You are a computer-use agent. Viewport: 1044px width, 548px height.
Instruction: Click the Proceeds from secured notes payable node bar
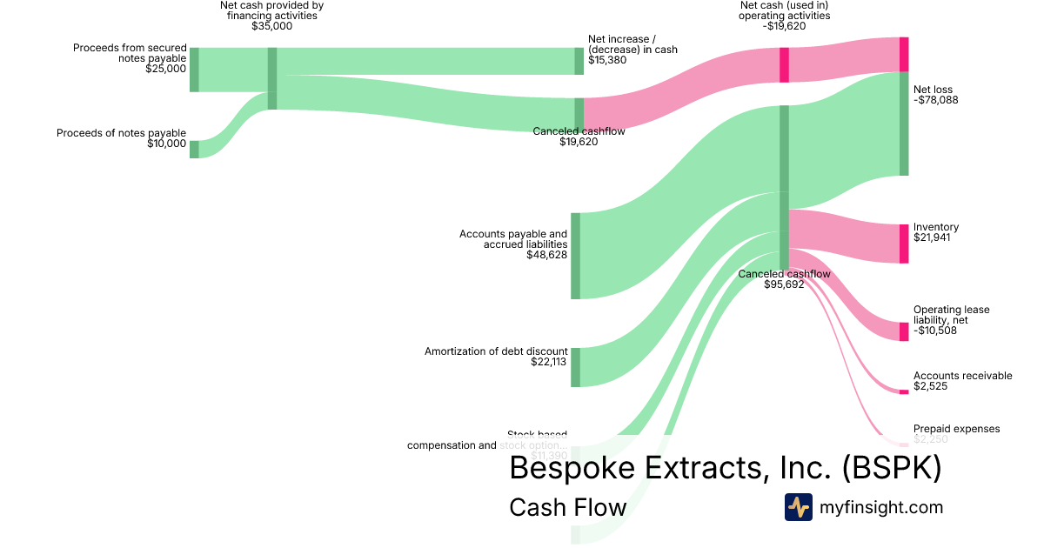[194, 70]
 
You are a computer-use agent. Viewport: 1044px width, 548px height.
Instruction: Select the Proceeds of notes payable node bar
[194, 149]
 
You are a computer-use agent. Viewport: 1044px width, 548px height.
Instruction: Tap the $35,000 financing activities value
[271, 26]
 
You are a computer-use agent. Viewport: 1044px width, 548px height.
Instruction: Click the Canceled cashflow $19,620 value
[579, 142]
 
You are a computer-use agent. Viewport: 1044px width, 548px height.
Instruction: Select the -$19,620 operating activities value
[784, 26]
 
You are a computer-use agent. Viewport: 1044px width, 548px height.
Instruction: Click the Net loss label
[933, 89]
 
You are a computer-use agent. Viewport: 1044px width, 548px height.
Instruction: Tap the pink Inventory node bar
[904, 244]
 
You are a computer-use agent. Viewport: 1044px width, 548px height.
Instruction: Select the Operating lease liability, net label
[951, 315]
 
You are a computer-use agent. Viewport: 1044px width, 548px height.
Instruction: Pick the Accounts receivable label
[962, 376]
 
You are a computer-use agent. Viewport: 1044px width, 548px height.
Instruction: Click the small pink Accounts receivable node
[904, 392]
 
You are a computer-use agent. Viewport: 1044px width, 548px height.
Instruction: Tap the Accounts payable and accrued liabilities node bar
[575, 256]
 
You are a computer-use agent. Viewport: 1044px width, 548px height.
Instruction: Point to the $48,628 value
[546, 256]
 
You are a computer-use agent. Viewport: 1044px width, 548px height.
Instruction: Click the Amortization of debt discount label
[496, 351]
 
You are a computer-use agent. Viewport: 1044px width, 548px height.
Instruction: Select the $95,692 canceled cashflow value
[784, 284]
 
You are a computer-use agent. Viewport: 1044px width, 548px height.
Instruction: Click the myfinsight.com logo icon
[798, 507]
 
